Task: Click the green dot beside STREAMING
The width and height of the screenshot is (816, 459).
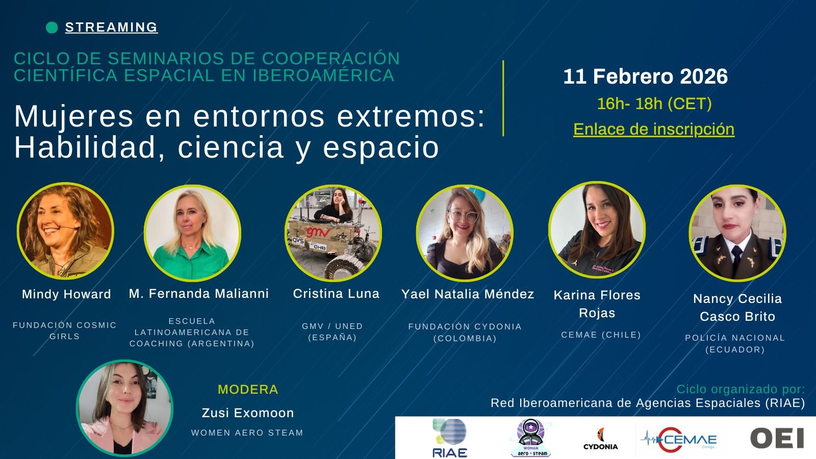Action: click(x=52, y=28)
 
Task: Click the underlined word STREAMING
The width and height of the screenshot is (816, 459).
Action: click(x=112, y=28)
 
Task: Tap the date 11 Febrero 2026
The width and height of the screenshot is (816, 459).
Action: click(x=645, y=76)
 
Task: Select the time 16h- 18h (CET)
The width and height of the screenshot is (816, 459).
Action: click(x=654, y=104)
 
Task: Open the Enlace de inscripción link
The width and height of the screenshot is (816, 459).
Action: click(x=654, y=130)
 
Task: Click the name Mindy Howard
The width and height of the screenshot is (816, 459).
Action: click(x=66, y=294)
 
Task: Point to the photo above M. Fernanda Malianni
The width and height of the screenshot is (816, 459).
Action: click(x=192, y=233)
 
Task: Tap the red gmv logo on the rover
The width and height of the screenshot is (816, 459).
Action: click(x=318, y=232)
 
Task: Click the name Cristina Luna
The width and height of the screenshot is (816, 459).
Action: click(x=336, y=294)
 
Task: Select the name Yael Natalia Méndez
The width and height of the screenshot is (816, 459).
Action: click(x=468, y=294)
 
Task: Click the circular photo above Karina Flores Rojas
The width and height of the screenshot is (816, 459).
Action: click(x=597, y=229)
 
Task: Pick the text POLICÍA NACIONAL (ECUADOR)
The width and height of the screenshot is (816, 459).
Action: click(x=735, y=344)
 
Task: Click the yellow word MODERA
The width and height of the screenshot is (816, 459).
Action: click(x=248, y=390)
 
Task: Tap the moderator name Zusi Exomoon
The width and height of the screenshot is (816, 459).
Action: click(x=248, y=413)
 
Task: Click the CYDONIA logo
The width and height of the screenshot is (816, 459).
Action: click(x=600, y=439)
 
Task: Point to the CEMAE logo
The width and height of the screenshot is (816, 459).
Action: click(x=678, y=439)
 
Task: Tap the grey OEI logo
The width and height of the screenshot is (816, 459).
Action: click(x=777, y=438)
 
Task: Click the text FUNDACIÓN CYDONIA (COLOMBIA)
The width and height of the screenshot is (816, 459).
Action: click(x=465, y=332)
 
